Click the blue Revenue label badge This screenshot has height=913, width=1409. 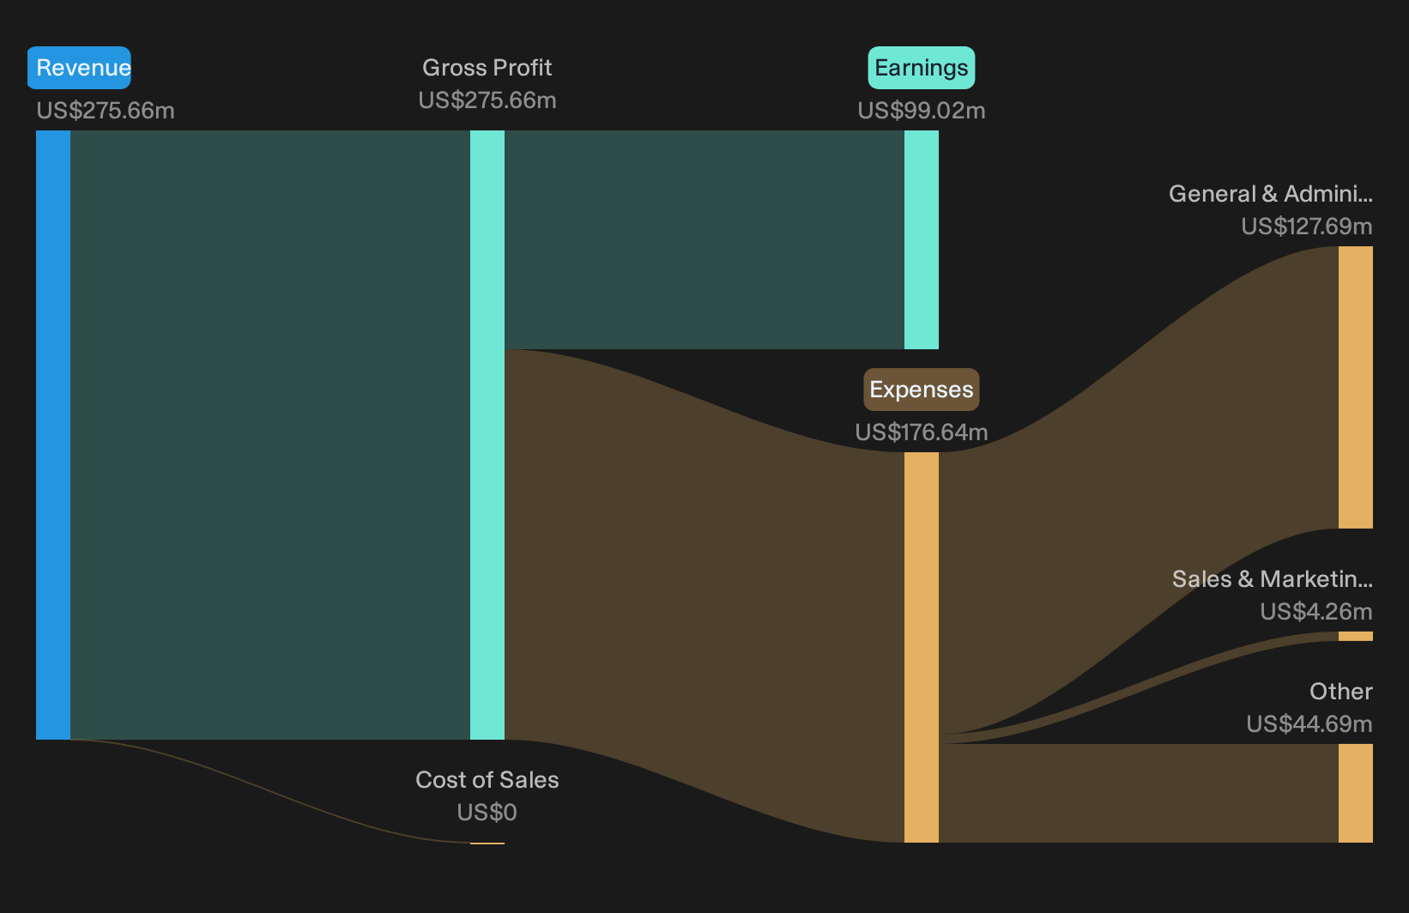(79, 68)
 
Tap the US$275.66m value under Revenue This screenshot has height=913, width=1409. (106, 111)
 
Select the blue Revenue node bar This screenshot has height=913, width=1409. (53, 435)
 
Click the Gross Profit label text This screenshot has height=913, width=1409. (487, 68)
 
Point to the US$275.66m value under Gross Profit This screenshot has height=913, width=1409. (487, 100)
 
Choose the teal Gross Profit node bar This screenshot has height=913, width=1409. (487, 435)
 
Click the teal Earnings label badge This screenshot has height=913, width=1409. (922, 68)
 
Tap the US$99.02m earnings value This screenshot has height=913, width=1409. (922, 111)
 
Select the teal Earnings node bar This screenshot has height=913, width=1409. (922, 239)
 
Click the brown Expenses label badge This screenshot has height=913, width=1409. (922, 390)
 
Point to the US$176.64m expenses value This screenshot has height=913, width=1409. (922, 432)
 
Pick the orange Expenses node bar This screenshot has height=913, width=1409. (922, 648)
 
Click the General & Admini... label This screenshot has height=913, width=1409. (1271, 194)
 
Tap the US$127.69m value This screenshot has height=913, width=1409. (1307, 227)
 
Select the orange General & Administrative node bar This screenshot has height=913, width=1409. (1356, 388)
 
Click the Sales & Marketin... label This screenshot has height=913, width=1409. (1273, 579)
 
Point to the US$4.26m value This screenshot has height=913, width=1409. (1316, 612)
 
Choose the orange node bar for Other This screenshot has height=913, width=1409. (1356, 794)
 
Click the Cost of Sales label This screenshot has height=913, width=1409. (487, 780)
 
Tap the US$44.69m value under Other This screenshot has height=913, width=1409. (1309, 724)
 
